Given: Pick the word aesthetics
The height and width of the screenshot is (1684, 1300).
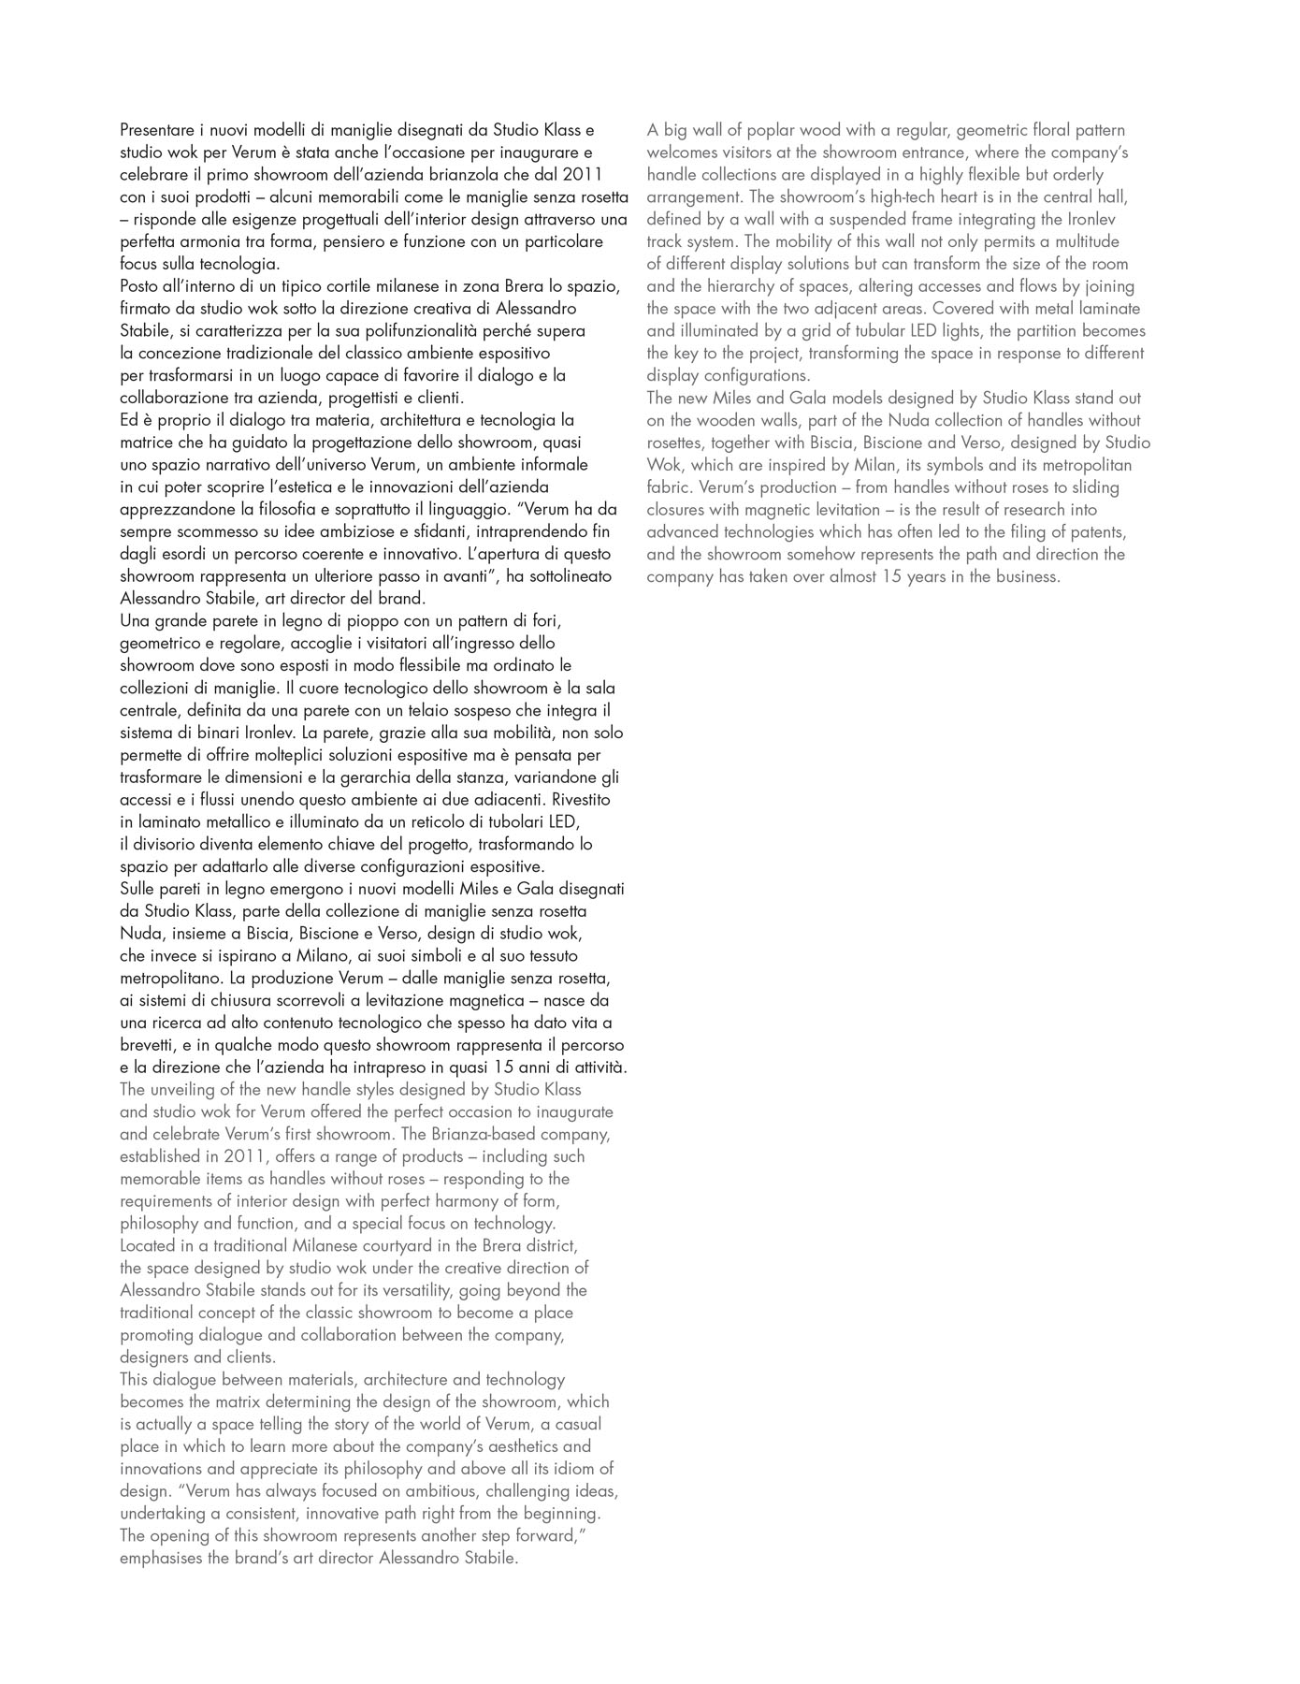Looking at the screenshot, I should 509,1446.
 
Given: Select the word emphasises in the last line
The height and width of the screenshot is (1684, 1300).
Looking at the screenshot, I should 159,1558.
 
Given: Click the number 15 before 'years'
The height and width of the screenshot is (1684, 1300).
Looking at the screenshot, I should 891,576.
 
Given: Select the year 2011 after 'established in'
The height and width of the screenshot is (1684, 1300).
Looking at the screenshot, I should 247,1156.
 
